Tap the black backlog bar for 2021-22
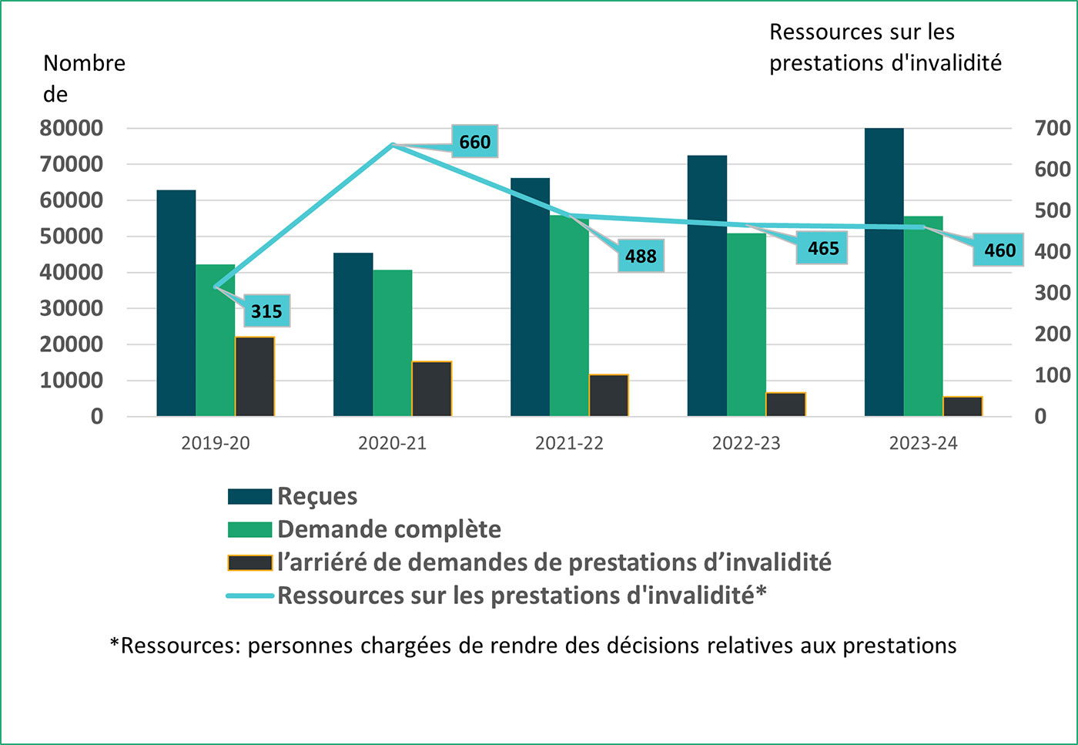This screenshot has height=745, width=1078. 608,395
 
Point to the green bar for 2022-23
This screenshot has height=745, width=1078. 746,324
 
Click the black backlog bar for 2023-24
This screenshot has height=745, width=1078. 962,406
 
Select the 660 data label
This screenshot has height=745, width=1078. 474,142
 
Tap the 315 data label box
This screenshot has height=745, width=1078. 266,311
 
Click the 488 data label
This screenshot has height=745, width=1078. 641,256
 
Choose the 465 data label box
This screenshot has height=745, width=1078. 822,248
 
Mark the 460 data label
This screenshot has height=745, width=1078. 999,250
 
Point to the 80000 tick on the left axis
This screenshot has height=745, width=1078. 72,129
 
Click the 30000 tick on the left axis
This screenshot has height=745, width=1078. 72,309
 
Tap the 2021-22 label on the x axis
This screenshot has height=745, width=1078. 569,444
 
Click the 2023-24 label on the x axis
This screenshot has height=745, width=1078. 923,444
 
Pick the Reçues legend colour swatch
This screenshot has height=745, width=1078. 249,497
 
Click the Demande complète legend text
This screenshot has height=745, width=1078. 389,530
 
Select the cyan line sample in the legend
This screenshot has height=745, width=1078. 249,596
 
